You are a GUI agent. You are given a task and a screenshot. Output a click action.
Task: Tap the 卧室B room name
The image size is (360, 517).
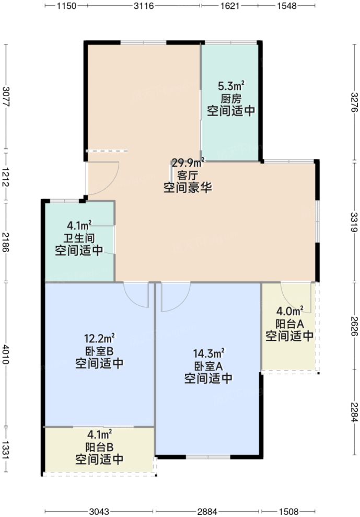click(99, 351)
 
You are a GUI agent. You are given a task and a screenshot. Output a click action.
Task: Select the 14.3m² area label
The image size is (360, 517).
click(209, 353)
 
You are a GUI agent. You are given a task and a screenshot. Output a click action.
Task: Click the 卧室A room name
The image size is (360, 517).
click(208, 365)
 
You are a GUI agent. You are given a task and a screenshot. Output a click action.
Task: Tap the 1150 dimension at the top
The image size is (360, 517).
click(67, 6)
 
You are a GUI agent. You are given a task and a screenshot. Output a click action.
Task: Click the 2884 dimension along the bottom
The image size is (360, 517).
click(208, 511)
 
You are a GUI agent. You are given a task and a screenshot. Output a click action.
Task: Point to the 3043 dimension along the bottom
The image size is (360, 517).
click(99, 511)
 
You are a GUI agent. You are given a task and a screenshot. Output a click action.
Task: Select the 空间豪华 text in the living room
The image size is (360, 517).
click(188, 188)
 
